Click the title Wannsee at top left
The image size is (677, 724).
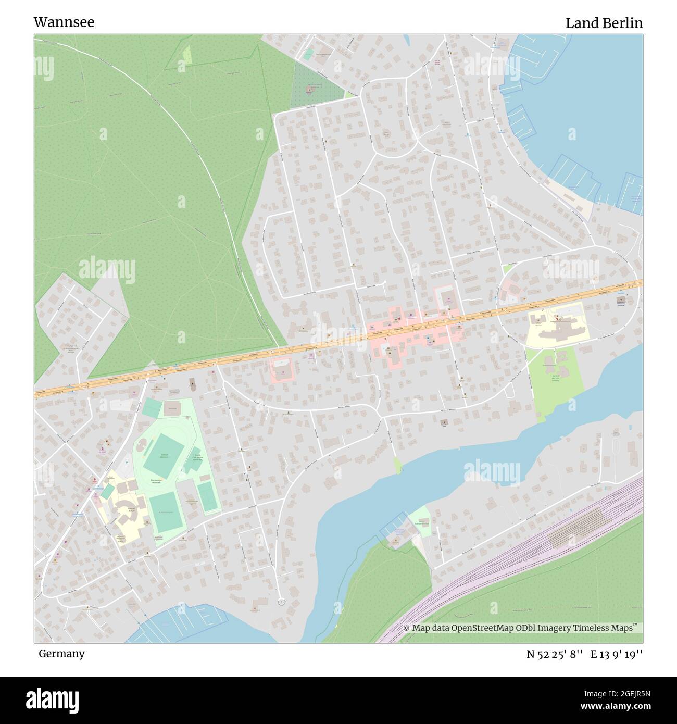click(x=64, y=22)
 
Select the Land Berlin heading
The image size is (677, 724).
click(x=604, y=23)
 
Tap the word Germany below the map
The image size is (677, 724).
click(x=61, y=653)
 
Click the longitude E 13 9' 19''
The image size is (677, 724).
click(x=616, y=654)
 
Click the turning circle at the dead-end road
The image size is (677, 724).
click(x=281, y=601)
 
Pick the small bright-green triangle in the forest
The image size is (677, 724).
click(x=186, y=54)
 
